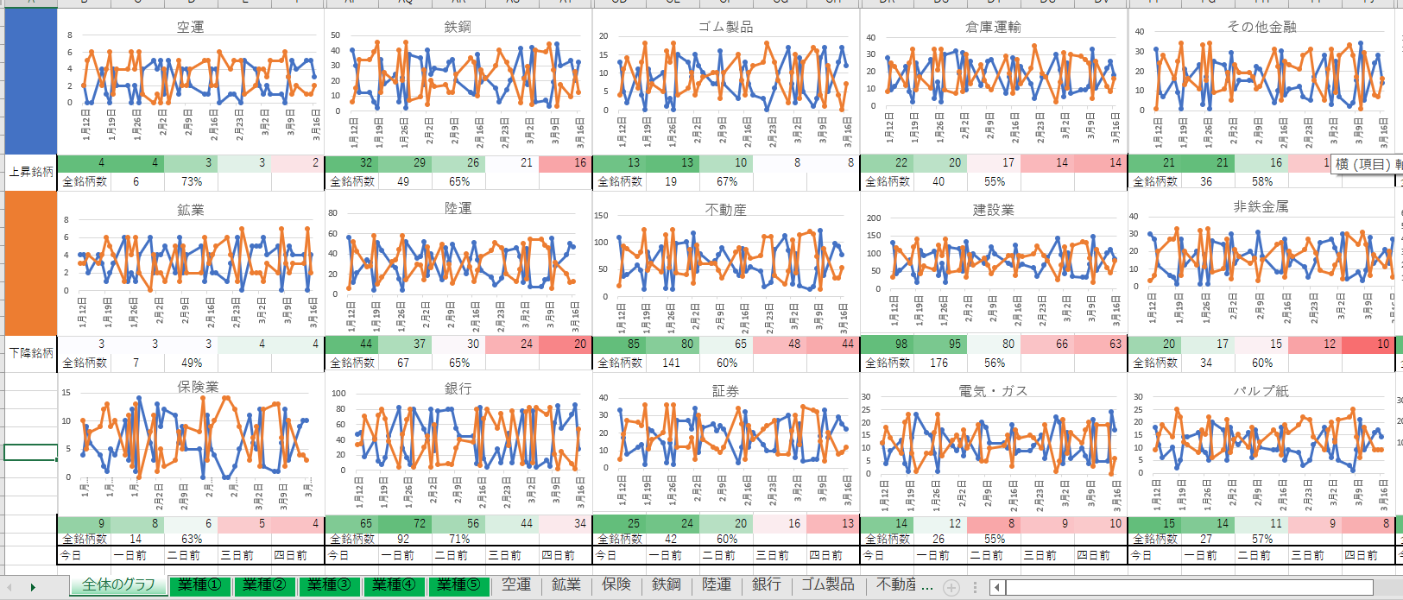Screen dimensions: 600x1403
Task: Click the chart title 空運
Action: [190, 27]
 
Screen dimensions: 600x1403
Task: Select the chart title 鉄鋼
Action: [458, 27]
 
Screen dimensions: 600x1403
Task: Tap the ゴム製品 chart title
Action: [725, 27]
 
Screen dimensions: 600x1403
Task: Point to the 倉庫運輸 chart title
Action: [993, 27]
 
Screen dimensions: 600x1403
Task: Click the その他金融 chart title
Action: [1261, 27]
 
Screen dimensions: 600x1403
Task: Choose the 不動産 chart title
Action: [725, 210]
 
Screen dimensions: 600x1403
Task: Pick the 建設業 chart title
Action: [993, 210]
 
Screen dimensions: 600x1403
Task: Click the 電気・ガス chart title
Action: [993, 391]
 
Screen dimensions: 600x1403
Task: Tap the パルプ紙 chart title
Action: [1261, 391]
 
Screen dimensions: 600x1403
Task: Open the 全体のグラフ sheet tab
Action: [118, 584]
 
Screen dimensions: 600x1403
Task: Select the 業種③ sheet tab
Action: [330, 584]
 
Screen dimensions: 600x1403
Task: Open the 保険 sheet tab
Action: [616, 584]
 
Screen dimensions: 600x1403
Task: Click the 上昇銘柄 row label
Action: [31, 172]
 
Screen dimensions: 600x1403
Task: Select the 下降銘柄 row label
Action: [31, 353]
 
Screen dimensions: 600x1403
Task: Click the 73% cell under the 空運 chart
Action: [192, 181]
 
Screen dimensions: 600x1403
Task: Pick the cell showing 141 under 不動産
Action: [671, 363]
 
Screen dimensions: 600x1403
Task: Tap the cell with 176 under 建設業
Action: [938, 363]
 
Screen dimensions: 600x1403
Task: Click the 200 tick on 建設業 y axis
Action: [874, 218]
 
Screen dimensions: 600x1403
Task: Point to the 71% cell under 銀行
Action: [459, 539]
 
